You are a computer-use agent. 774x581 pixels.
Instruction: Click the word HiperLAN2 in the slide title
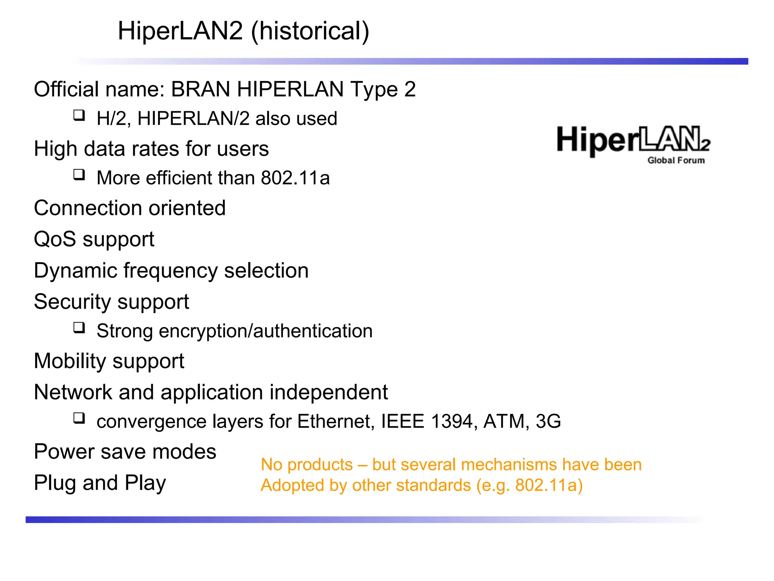click(x=180, y=31)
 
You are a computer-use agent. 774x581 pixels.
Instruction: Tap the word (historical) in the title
click(x=310, y=31)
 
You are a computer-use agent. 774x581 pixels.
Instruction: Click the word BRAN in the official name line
click(x=200, y=90)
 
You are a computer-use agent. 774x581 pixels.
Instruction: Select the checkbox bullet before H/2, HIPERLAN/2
click(x=79, y=115)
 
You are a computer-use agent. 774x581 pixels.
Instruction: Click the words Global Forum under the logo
click(x=676, y=160)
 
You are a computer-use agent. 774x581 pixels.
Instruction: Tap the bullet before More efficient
click(x=79, y=174)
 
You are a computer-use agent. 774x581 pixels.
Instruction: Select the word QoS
click(x=55, y=239)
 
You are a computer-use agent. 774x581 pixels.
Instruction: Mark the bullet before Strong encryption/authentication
click(x=79, y=327)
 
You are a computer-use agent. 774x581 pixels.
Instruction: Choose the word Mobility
click(x=70, y=361)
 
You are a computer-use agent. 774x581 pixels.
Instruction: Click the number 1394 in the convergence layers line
click(x=452, y=421)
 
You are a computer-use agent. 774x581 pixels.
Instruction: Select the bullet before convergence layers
click(x=79, y=418)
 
